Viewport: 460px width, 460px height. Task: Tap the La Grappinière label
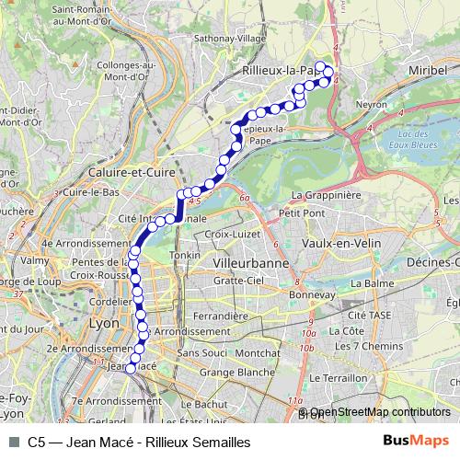(325, 195)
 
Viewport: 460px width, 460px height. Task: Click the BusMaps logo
(415, 442)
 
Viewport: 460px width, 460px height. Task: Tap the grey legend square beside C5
(13, 443)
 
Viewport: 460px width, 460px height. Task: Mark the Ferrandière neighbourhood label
(224, 316)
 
